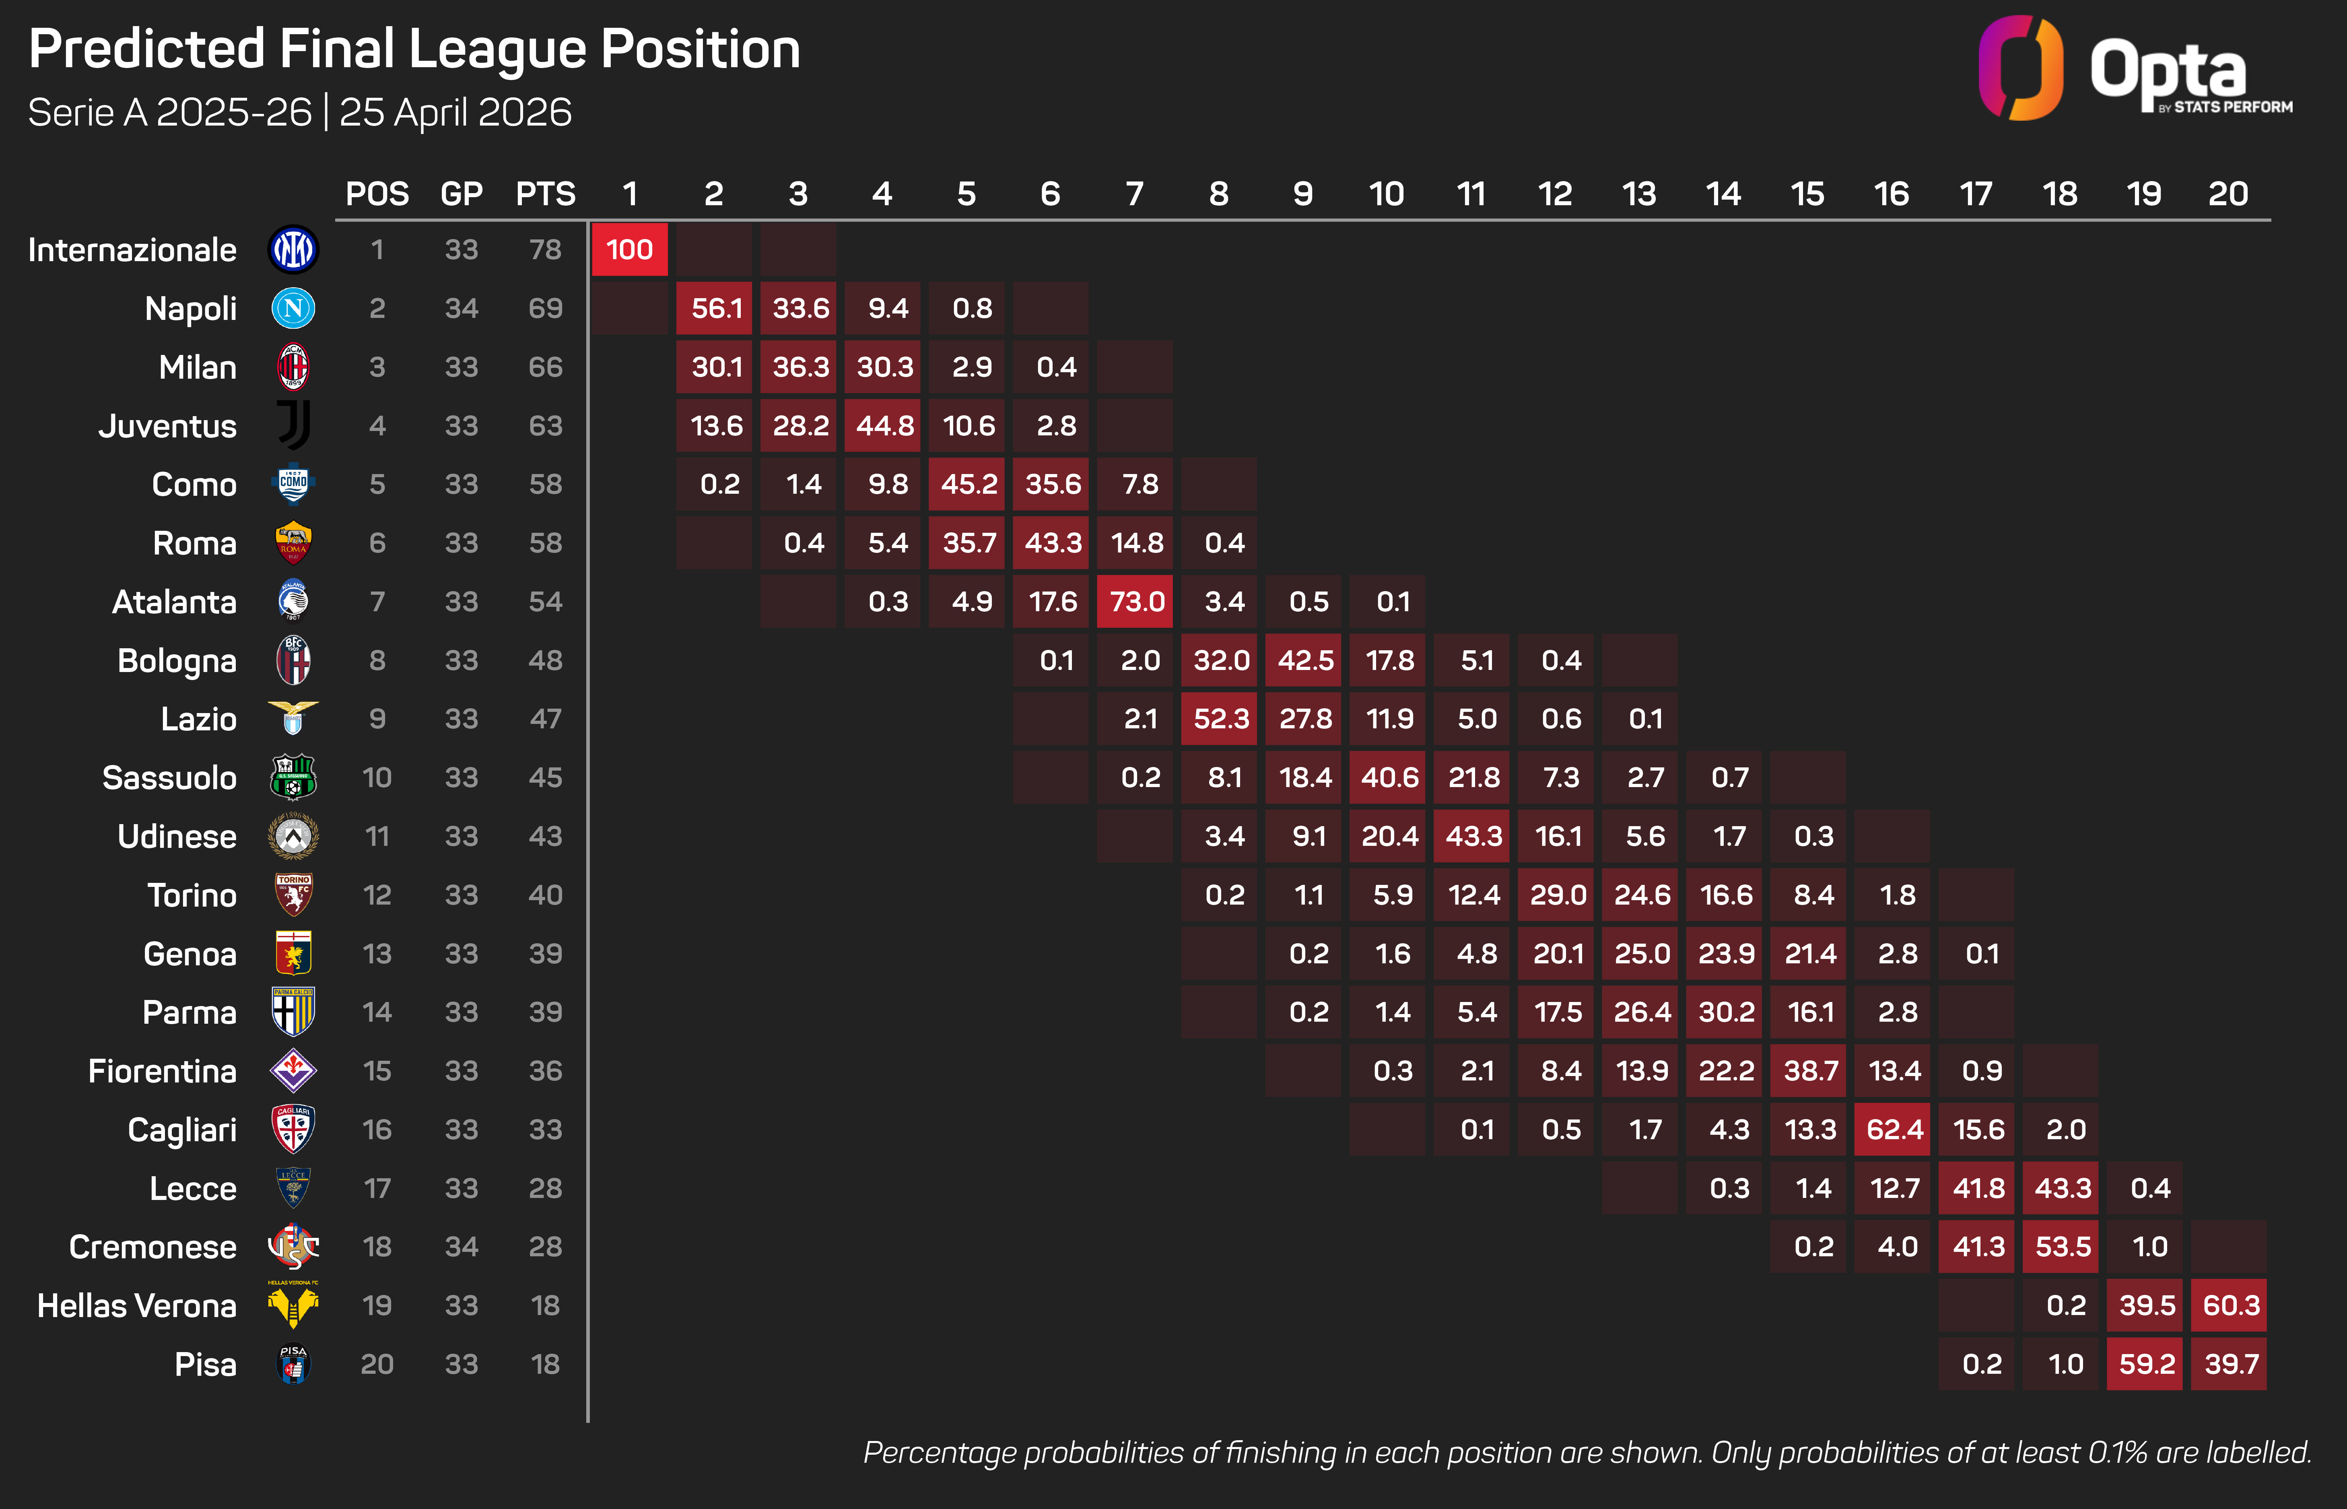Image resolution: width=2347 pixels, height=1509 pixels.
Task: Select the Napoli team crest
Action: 293,309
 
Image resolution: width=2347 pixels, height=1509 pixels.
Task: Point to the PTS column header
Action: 546,194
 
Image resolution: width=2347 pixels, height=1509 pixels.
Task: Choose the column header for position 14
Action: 1723,194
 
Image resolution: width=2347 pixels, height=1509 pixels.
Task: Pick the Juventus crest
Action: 293,425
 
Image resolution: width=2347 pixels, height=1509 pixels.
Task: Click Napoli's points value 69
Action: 546,309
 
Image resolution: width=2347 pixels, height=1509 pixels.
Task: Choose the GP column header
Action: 462,194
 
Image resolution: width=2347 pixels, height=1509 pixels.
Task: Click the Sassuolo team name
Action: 169,778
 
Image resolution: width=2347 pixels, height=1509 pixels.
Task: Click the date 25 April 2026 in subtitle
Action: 455,113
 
